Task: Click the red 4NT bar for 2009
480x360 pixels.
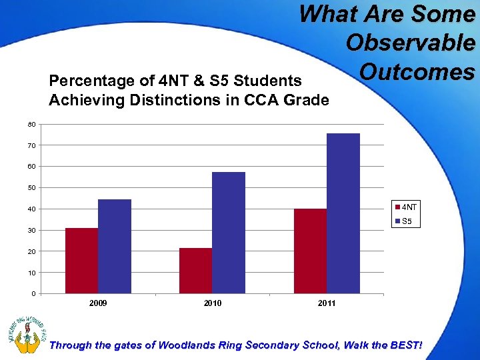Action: pos(81,261)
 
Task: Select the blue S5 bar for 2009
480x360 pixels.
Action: pos(115,247)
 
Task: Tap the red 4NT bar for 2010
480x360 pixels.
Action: pos(195,271)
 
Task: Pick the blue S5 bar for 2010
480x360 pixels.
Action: pos(229,233)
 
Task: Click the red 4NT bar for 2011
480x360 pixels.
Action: pos(310,251)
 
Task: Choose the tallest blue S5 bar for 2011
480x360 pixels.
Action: pos(343,213)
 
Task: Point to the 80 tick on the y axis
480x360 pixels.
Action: pos(33,124)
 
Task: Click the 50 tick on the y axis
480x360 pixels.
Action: pos(33,188)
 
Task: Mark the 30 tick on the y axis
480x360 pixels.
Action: pos(33,231)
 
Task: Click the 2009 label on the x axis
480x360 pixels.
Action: pos(98,303)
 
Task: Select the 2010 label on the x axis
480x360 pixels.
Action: pos(213,303)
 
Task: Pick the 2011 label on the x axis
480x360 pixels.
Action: pos(327,303)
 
